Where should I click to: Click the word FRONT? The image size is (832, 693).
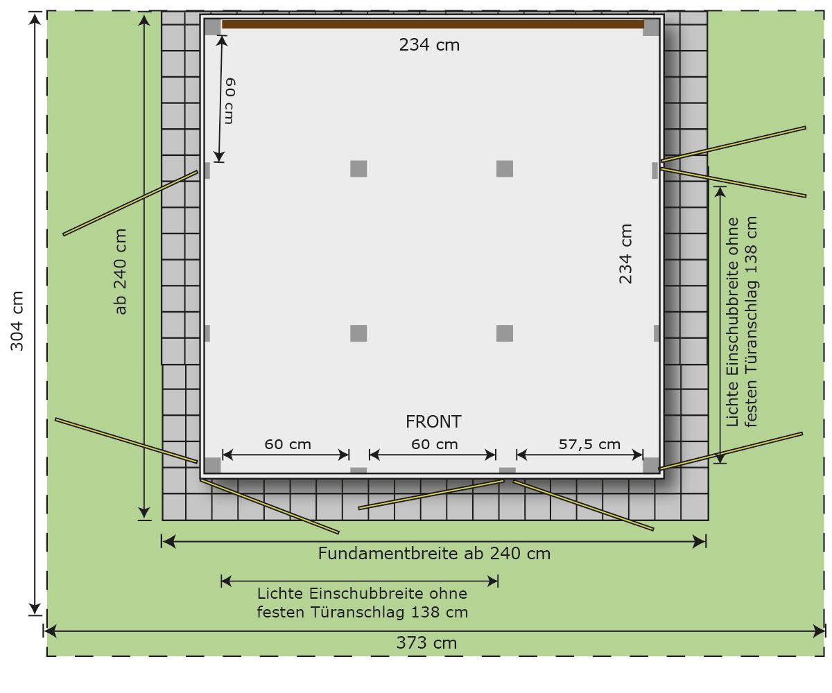[433, 422]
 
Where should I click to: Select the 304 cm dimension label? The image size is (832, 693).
[17, 321]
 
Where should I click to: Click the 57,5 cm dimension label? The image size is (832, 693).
[589, 444]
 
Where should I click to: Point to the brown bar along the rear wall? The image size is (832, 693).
[433, 24]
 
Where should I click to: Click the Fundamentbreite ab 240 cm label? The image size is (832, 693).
[434, 554]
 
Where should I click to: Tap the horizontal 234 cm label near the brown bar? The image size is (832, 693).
[429, 45]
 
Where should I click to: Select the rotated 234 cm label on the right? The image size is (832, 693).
[625, 254]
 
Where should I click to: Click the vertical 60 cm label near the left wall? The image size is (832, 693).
[230, 100]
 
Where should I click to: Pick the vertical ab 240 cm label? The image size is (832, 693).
[121, 271]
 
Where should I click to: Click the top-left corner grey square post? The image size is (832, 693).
[213, 27]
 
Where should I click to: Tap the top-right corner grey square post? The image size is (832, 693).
[651, 28]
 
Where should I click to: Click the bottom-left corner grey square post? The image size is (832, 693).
[212, 465]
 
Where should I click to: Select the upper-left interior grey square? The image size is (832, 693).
[358, 169]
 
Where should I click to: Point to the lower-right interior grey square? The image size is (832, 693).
[505, 333]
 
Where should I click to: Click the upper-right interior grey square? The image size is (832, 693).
[505, 169]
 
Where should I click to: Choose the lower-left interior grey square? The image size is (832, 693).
[358, 333]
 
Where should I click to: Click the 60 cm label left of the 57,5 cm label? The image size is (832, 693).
[434, 444]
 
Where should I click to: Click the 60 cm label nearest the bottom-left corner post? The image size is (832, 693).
[288, 444]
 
